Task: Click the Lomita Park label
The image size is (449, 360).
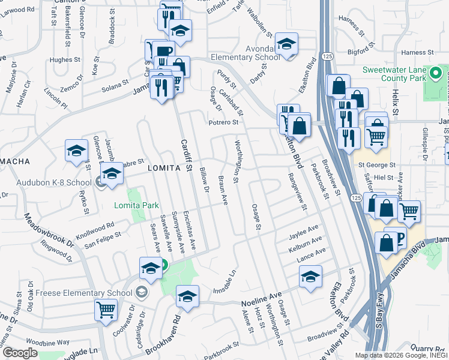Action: click(x=137, y=206)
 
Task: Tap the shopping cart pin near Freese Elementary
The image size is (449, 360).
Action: click(x=106, y=311)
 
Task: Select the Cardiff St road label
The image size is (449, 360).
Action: click(x=185, y=155)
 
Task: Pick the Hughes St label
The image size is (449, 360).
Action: click(x=65, y=60)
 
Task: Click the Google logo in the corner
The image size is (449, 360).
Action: click(x=20, y=352)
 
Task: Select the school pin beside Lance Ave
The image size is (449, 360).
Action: click(x=310, y=277)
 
